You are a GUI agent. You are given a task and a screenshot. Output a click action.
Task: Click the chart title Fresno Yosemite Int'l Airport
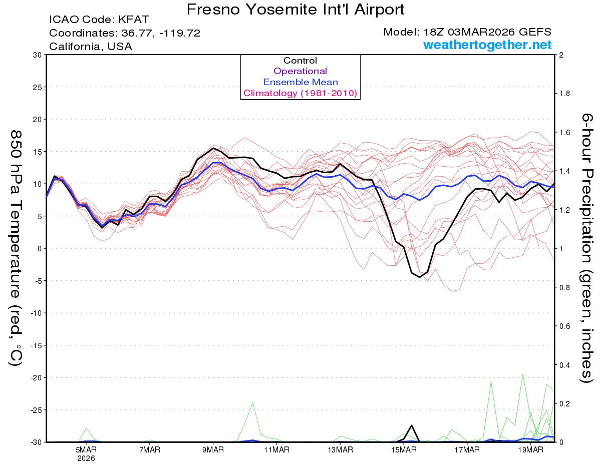(x=295, y=10)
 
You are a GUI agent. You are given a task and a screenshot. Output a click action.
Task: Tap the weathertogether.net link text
(x=487, y=45)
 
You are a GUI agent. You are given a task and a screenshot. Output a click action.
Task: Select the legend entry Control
(x=300, y=61)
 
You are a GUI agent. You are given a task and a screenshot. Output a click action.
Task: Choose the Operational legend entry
(x=300, y=71)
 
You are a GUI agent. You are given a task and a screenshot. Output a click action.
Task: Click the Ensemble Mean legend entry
(x=300, y=82)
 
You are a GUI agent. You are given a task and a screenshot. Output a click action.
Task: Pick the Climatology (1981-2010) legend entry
(x=300, y=93)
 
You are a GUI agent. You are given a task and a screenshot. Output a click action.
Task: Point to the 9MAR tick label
(x=213, y=449)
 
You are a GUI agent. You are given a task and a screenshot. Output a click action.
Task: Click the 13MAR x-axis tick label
(x=340, y=449)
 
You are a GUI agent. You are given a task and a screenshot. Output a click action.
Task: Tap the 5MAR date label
(x=87, y=449)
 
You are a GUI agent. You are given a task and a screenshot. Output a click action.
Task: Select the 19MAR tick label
(x=530, y=449)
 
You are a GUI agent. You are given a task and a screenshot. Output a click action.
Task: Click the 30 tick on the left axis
(x=37, y=55)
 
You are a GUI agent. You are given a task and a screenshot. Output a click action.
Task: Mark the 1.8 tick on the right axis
(x=564, y=94)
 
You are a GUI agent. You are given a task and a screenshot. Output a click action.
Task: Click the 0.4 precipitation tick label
(x=564, y=365)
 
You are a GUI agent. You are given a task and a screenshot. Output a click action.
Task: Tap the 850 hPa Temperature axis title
(x=17, y=248)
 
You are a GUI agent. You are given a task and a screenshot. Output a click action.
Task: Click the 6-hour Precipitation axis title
(x=586, y=248)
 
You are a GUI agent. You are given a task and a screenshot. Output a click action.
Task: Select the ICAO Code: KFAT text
(x=99, y=20)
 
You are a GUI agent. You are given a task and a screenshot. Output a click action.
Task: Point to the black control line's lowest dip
(x=420, y=277)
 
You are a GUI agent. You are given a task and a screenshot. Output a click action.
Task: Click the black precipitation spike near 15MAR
(x=412, y=425)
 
